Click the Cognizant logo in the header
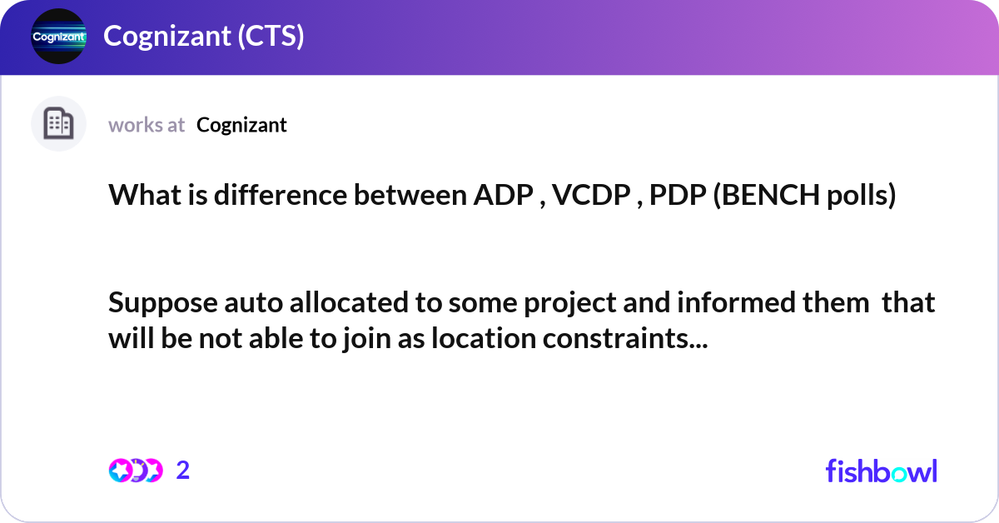click(x=58, y=37)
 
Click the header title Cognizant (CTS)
click(x=203, y=37)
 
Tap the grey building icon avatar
click(x=58, y=124)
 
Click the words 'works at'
click(x=147, y=125)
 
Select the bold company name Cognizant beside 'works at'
click(x=242, y=125)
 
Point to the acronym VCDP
click(x=589, y=197)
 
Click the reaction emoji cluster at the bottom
click(x=135, y=471)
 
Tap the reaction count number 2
click(x=183, y=471)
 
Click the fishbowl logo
click(x=881, y=471)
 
